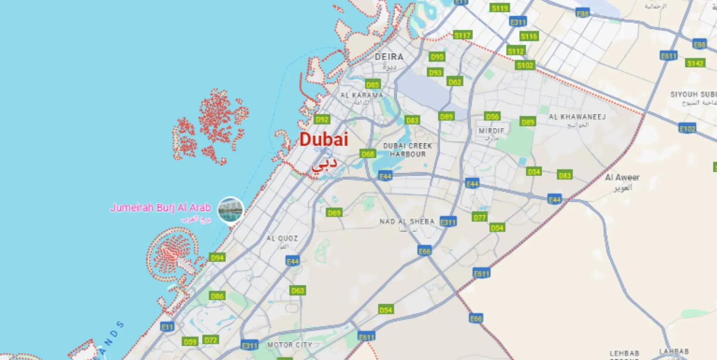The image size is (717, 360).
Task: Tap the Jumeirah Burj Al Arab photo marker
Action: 231,210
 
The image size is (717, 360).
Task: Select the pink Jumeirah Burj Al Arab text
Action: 161,208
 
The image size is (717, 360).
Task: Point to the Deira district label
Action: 389,57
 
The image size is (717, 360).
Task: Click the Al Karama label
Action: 361,95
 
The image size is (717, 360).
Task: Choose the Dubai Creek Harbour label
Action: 407,150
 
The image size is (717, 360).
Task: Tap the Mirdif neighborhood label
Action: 491,131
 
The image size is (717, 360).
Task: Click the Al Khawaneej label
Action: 577,117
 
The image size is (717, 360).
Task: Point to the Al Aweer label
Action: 622,178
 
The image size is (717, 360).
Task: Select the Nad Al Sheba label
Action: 407,222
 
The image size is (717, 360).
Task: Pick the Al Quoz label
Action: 282,239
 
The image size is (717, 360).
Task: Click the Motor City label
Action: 290,345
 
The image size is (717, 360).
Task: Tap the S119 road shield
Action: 500,8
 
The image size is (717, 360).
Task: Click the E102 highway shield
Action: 687,129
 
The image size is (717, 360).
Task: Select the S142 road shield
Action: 695,63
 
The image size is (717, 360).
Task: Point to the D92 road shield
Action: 322,120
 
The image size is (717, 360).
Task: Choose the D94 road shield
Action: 217,258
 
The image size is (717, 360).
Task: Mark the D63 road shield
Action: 298,290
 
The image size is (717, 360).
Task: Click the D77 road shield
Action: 480,217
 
